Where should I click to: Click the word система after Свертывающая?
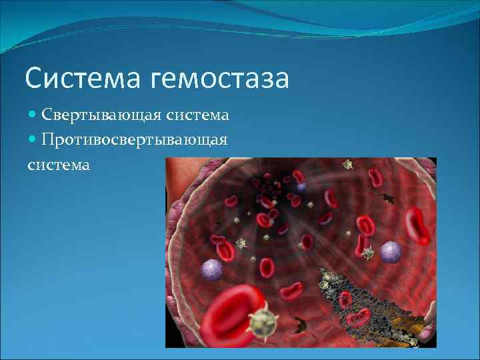click(x=198, y=115)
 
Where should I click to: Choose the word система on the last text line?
click(x=59, y=164)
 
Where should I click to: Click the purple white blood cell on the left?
click(x=213, y=268)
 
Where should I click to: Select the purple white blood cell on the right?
click(x=391, y=251)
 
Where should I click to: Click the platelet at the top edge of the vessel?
click(x=347, y=164)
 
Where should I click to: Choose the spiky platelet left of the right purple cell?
click(x=367, y=252)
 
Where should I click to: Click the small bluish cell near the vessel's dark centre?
click(x=301, y=187)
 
